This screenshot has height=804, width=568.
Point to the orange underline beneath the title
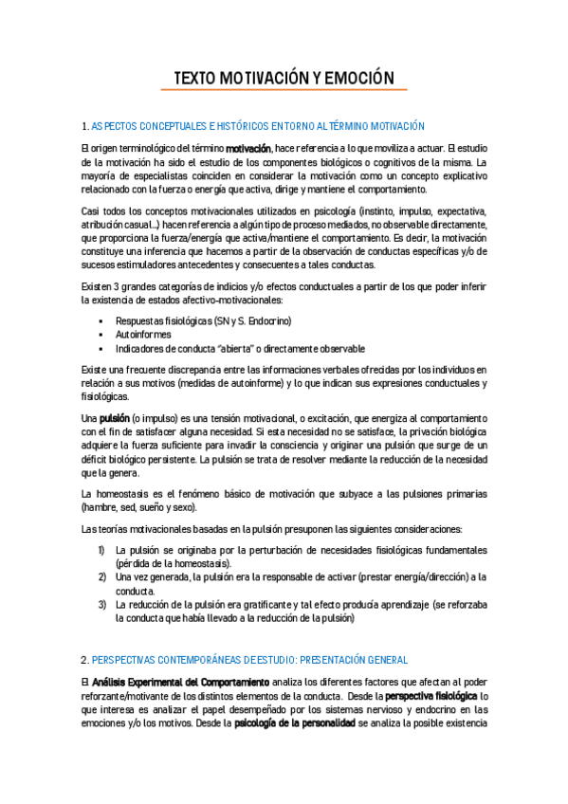click(284, 90)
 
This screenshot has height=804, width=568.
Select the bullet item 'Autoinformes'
click(142, 336)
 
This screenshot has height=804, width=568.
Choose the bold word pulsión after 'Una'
click(114, 418)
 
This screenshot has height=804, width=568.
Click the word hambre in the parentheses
click(98, 508)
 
